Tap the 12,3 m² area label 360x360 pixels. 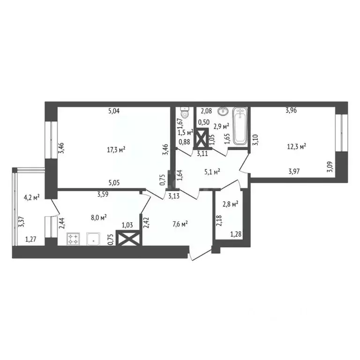(297, 146)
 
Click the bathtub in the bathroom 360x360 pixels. (240, 125)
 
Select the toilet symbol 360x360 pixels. (185, 113)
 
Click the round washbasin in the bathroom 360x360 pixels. (221, 112)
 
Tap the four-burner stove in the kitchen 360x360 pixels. (74, 240)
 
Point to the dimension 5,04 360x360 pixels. (114, 111)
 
